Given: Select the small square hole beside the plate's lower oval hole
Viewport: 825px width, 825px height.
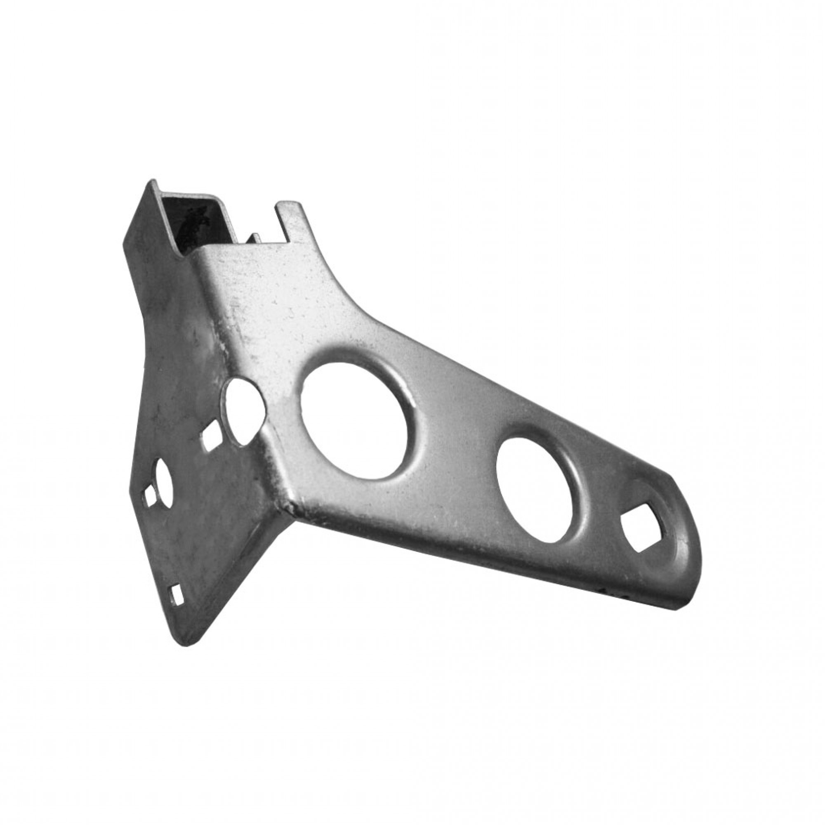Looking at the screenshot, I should [x=149, y=495].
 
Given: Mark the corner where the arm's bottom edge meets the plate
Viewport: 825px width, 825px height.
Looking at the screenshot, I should [x=290, y=506].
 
